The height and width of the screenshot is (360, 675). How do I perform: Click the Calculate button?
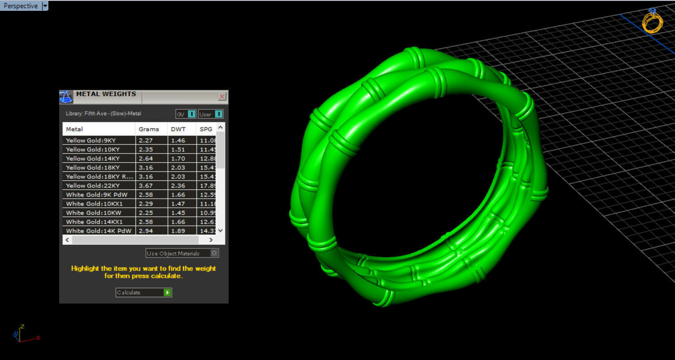click(144, 293)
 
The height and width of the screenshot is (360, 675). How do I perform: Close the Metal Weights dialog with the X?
click(222, 97)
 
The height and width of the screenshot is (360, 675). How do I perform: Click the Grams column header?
click(149, 129)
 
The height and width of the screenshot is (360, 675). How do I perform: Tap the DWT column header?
click(178, 129)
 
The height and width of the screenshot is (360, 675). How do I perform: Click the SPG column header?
click(206, 129)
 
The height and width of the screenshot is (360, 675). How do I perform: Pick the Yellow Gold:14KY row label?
click(93, 159)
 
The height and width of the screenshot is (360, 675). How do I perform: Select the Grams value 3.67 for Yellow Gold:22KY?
click(146, 186)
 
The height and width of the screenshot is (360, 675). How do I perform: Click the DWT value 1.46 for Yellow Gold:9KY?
click(178, 140)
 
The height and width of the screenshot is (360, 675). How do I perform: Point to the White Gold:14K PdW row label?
click(98, 231)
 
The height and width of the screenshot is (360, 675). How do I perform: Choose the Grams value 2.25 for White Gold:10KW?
click(146, 213)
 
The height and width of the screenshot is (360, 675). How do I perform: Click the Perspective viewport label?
click(21, 6)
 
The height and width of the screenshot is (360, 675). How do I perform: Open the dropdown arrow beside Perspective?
click(45, 6)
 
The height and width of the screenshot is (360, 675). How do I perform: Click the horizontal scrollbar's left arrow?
click(67, 240)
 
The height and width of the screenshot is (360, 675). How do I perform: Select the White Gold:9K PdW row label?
click(97, 195)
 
